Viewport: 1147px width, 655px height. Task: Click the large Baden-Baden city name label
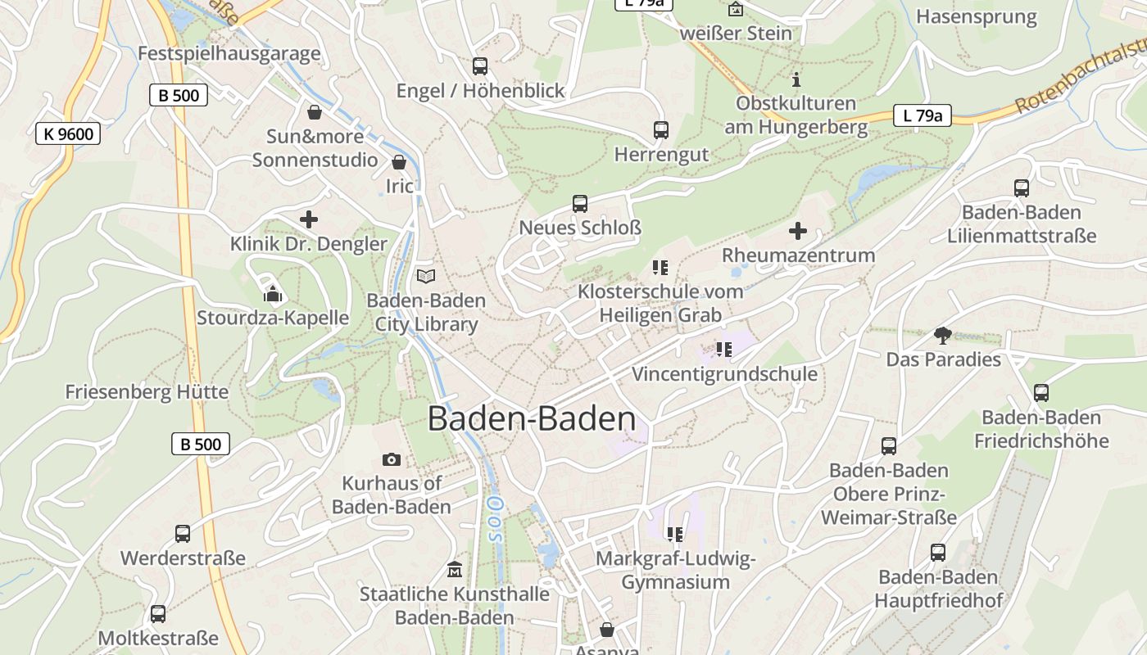pyautogui.click(x=532, y=419)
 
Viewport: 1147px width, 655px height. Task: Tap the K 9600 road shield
pyautogui.click(x=68, y=133)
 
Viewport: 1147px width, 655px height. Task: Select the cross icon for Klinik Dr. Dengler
pyautogui.click(x=309, y=219)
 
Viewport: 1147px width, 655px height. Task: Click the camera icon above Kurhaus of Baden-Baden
pyautogui.click(x=392, y=460)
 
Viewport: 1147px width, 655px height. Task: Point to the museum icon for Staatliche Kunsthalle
pyautogui.click(x=454, y=569)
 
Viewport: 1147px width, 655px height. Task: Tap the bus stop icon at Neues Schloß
pyautogui.click(x=580, y=203)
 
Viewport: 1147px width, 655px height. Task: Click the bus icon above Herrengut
pyautogui.click(x=661, y=129)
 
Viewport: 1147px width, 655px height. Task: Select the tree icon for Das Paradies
pyautogui.click(x=943, y=335)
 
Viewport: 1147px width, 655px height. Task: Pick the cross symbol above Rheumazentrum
pyautogui.click(x=798, y=231)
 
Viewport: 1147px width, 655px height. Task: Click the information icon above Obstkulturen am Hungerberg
pyautogui.click(x=796, y=79)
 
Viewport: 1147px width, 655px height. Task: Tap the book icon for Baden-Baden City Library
pyautogui.click(x=426, y=277)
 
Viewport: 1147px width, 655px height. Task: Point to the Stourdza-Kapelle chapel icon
pyautogui.click(x=273, y=294)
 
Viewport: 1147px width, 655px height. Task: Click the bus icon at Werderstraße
pyautogui.click(x=183, y=534)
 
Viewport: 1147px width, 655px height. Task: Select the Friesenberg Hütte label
pyautogui.click(x=147, y=392)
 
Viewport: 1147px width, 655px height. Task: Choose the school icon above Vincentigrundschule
pyautogui.click(x=723, y=350)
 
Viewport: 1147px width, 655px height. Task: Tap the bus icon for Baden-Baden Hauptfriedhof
pyautogui.click(x=938, y=553)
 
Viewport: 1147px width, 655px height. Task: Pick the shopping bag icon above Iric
pyautogui.click(x=399, y=162)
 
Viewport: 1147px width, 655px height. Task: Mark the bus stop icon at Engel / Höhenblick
pyautogui.click(x=480, y=65)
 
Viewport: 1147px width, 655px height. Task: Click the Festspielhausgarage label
pyautogui.click(x=229, y=54)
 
